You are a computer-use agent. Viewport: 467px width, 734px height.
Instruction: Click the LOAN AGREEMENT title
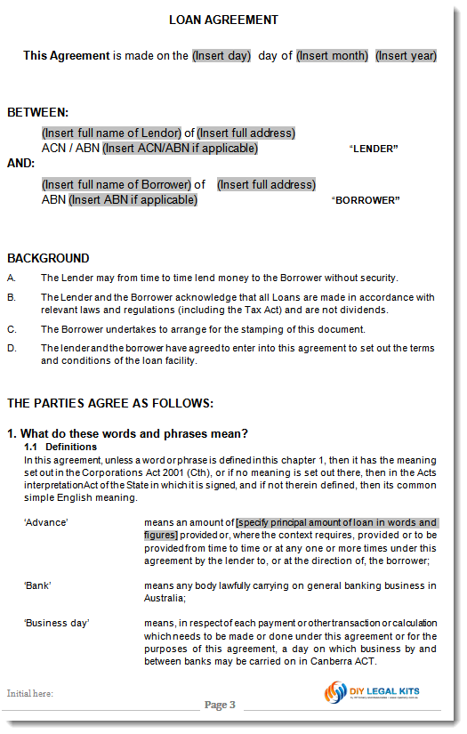[223, 20]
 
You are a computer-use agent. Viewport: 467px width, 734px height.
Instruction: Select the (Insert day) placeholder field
[221, 55]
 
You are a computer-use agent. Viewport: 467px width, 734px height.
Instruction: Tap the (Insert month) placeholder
[332, 55]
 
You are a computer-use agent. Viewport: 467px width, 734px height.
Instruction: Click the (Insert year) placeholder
[406, 55]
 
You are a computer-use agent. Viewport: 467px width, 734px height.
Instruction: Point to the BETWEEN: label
[37, 113]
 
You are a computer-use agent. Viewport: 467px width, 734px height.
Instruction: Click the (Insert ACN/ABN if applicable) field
[180, 149]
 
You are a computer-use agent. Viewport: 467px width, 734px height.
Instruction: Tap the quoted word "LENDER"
[374, 149]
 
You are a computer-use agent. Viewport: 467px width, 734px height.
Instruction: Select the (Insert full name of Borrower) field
[117, 185]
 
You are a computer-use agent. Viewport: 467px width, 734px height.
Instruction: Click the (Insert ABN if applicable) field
[133, 200]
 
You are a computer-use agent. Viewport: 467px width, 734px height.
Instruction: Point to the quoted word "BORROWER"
[366, 200]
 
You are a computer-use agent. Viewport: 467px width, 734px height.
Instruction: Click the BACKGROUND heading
[48, 258]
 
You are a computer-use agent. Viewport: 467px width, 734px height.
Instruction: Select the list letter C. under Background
[12, 329]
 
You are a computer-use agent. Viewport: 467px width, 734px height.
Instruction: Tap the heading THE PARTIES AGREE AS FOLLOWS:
[110, 403]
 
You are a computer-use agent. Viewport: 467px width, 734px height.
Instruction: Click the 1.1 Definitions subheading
[60, 447]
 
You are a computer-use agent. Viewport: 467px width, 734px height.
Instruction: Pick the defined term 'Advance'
[45, 522]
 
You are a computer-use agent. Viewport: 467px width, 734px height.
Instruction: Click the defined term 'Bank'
[37, 585]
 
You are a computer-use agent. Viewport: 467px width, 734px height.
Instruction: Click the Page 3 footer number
[220, 706]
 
